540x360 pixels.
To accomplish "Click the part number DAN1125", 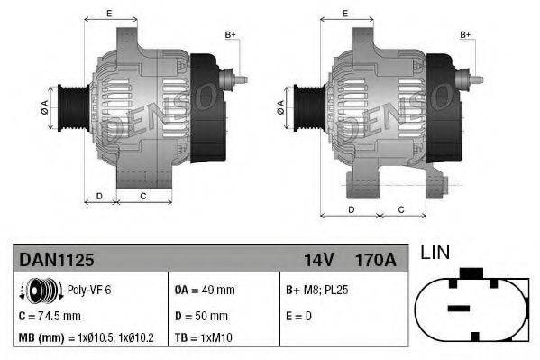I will [x=57, y=260].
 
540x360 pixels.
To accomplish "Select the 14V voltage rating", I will [x=317, y=260].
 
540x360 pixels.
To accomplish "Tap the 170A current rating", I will [x=375, y=260].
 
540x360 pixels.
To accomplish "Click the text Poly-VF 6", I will [x=90, y=291].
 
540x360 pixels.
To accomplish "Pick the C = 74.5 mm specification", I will [x=50, y=316].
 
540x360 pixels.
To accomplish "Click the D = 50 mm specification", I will [x=202, y=316].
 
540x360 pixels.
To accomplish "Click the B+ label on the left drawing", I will [x=230, y=35].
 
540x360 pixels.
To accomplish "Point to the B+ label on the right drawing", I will [x=466, y=35].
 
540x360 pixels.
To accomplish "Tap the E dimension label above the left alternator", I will [x=109, y=13].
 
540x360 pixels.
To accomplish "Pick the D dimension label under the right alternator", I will [x=350, y=209].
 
